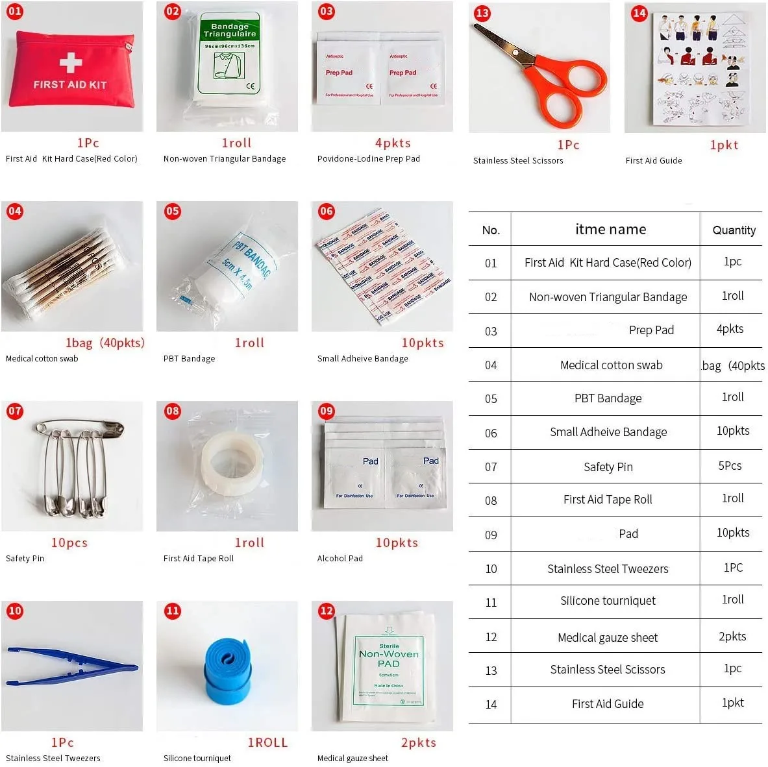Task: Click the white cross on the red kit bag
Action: coord(70,62)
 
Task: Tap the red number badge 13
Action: coord(482,13)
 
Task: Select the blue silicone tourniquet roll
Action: coord(225,669)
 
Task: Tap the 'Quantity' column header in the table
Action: coord(734,230)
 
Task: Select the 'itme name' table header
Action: coord(610,229)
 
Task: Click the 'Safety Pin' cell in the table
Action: coord(608,467)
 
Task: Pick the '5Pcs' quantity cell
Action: coord(730,465)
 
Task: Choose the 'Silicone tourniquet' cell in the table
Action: coord(608,601)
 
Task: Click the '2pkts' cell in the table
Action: coord(732,637)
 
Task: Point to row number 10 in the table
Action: coord(491,569)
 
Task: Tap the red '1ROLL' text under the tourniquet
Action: coord(267,742)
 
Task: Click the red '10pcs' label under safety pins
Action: coord(69,542)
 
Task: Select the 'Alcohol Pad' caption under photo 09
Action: coord(340,558)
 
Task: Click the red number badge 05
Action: coord(172,211)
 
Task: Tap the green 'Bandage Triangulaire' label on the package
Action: coord(229,30)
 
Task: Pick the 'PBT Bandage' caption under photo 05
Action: coord(189,358)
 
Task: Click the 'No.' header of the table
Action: coord(491,230)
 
